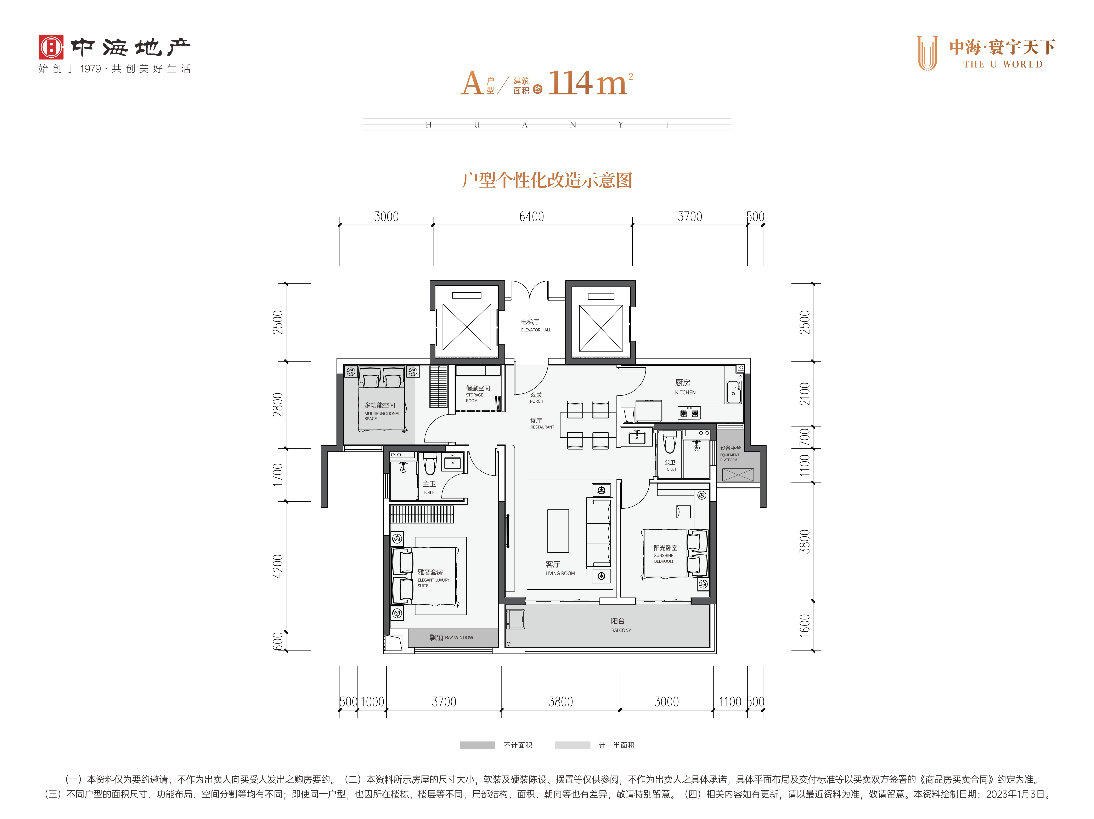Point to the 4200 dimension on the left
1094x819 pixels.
(x=278, y=566)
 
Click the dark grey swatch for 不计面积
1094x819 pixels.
(x=477, y=745)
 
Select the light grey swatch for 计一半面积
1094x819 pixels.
(x=572, y=745)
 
